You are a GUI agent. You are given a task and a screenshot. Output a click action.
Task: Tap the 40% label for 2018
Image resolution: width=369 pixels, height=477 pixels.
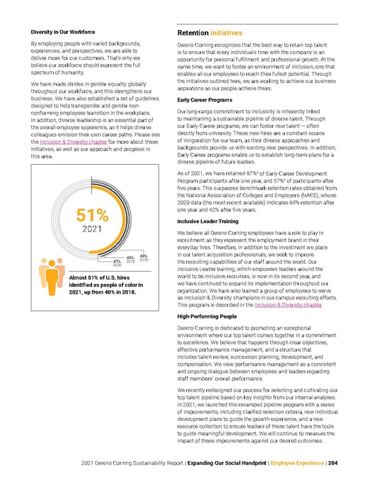144,256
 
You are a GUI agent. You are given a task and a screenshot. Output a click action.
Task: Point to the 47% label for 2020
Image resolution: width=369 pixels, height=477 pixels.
117,261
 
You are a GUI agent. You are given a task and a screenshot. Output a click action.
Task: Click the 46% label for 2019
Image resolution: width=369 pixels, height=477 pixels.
130,258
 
